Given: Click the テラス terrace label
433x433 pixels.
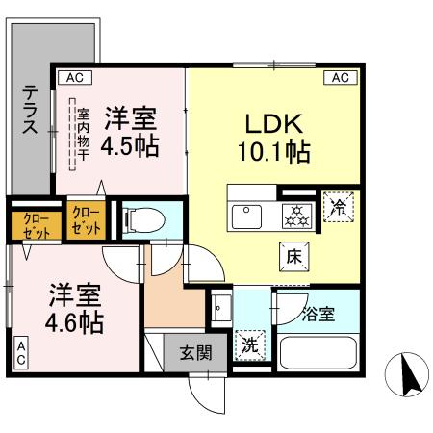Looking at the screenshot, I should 31,114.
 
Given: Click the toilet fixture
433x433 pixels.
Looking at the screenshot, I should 140,219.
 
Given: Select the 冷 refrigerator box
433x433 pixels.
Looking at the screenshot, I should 339,206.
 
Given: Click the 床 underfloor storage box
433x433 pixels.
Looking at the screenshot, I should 294,256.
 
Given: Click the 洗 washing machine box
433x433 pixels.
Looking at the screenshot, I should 247,343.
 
